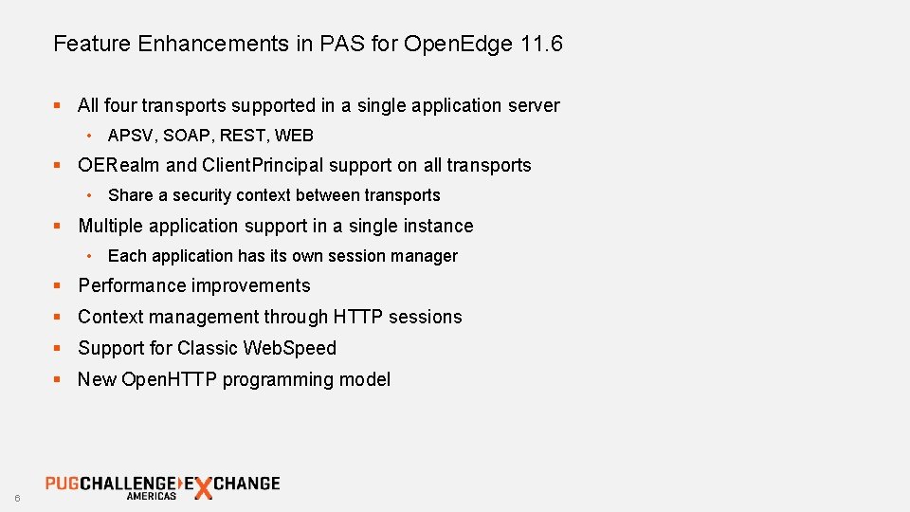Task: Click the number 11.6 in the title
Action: (x=541, y=44)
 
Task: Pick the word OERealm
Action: (x=119, y=165)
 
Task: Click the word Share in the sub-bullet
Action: (x=131, y=195)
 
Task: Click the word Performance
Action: (x=132, y=285)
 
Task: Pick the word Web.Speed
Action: (x=290, y=348)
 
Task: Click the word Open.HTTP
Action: (x=167, y=379)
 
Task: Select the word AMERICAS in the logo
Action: (x=152, y=496)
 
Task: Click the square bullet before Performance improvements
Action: (x=58, y=286)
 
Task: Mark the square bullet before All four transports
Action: (x=58, y=106)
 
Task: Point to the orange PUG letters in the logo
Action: (x=62, y=483)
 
